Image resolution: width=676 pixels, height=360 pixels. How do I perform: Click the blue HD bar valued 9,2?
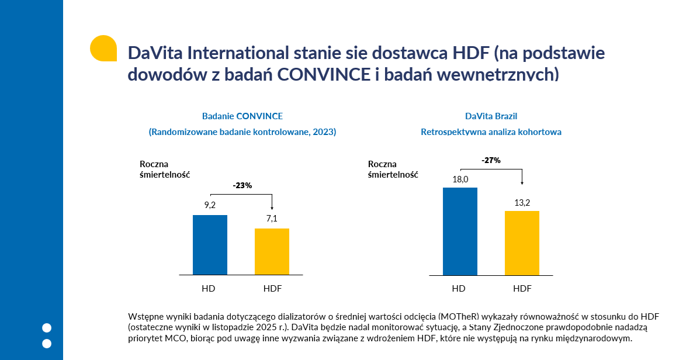(x=210, y=245)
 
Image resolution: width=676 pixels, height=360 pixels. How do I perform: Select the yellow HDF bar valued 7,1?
(x=272, y=251)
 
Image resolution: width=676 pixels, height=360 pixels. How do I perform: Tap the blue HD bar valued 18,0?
(x=460, y=231)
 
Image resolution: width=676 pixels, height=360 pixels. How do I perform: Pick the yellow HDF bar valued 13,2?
(x=522, y=243)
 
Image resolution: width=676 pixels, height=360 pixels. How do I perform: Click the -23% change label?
(x=242, y=186)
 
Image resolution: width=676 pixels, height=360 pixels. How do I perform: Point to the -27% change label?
(x=491, y=160)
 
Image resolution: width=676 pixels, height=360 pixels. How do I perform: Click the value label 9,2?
(x=210, y=205)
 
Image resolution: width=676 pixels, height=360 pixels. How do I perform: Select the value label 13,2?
(x=522, y=203)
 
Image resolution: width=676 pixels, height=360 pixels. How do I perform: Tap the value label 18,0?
(x=460, y=179)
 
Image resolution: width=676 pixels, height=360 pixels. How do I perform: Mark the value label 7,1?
(x=272, y=219)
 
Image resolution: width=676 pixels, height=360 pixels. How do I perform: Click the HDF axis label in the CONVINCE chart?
(x=272, y=288)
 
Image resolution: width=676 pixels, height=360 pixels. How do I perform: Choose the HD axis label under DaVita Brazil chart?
(x=459, y=288)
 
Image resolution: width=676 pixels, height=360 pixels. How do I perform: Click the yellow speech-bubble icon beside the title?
(x=103, y=49)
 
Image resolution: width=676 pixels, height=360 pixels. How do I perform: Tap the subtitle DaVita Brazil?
(x=491, y=116)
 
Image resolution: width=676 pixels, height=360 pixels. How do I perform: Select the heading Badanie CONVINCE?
(x=242, y=116)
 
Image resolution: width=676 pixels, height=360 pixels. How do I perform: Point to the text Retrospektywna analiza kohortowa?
(x=491, y=132)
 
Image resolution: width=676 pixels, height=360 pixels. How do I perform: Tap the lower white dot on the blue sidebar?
(x=47, y=343)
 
